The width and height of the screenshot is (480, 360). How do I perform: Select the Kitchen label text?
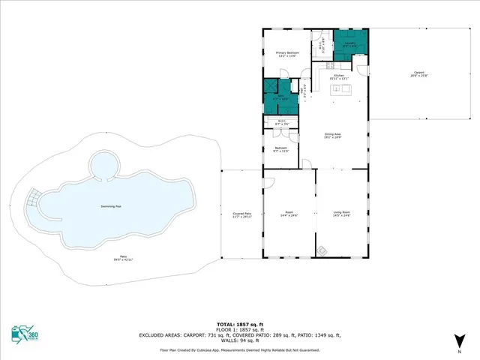[x=338, y=77]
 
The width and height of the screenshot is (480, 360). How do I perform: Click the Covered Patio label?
[x=241, y=215]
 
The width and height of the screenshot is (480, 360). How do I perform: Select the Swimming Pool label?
[x=112, y=206]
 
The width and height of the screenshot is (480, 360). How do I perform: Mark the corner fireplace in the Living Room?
[x=322, y=250]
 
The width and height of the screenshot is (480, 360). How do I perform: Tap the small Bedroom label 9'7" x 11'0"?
[x=281, y=150]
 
